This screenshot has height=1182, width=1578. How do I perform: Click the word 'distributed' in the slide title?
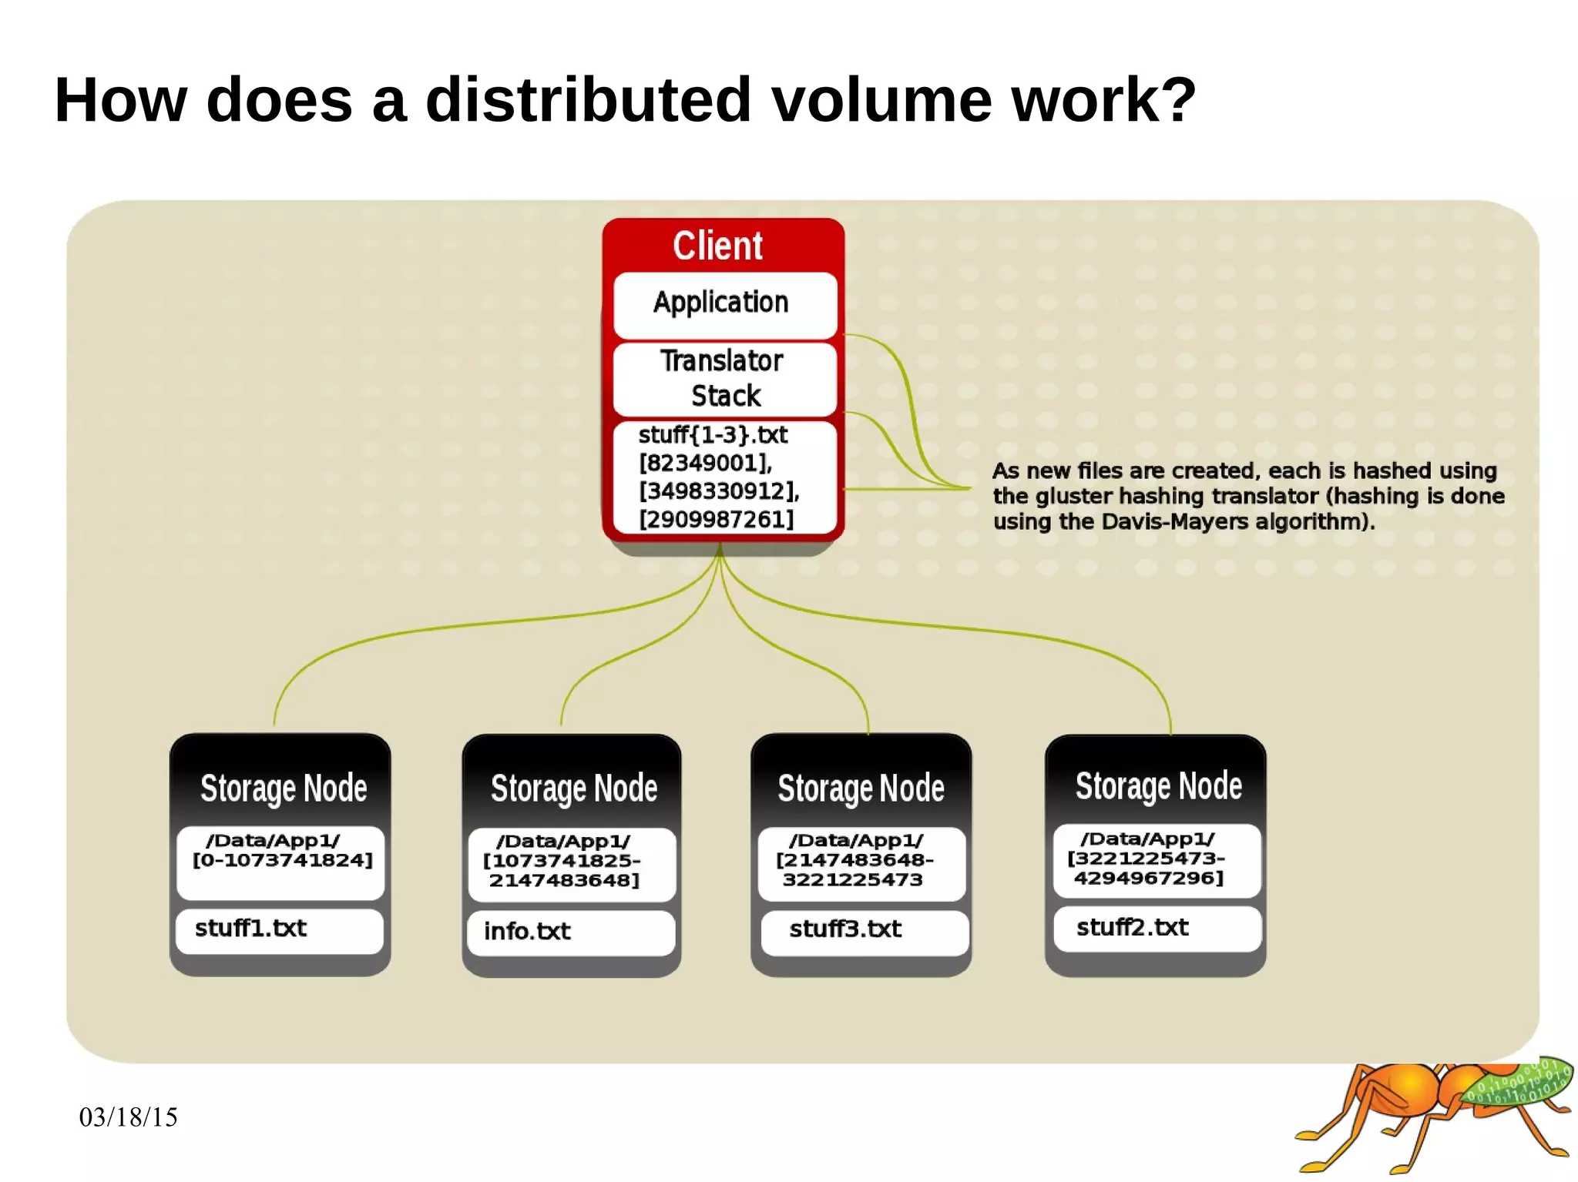coord(588,100)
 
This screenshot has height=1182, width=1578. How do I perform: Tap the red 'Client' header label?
coord(717,246)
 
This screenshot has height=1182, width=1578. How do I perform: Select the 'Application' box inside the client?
coord(722,303)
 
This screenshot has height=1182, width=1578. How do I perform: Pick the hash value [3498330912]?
coord(719,491)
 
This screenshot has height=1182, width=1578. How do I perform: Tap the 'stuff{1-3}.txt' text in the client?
coord(713,435)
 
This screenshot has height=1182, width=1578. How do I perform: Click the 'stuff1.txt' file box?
coord(279,929)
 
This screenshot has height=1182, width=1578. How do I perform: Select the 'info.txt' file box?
coord(570,932)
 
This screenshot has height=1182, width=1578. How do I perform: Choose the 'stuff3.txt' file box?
coord(863,930)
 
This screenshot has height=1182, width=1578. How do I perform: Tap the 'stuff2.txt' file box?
coord(1156,928)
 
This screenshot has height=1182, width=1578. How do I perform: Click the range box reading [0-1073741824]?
coord(281,861)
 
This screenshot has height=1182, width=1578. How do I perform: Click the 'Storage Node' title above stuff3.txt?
coord(861,788)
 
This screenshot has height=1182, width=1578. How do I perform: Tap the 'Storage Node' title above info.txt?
coord(574,789)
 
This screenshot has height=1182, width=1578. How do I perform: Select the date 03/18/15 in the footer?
coord(129,1117)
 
